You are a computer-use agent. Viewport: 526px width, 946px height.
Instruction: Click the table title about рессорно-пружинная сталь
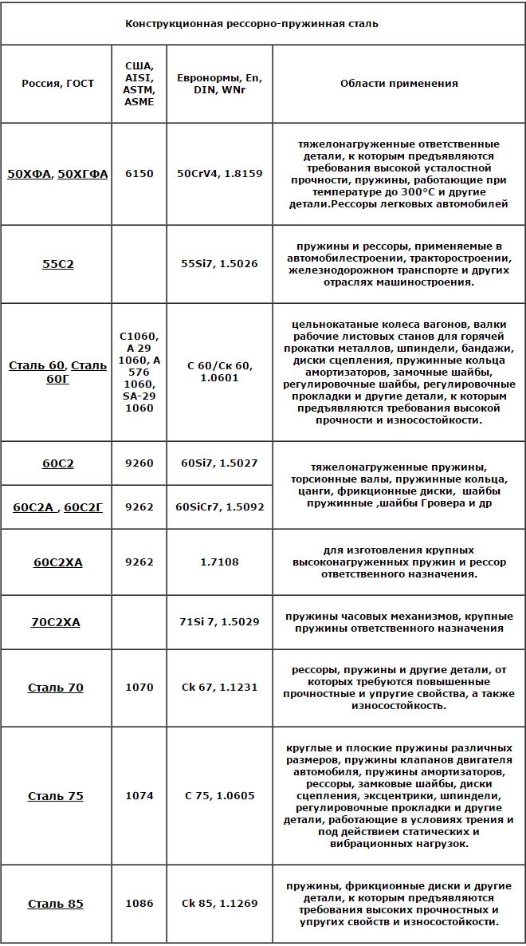[x=251, y=24]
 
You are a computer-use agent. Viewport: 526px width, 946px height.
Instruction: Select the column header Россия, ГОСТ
[x=57, y=84]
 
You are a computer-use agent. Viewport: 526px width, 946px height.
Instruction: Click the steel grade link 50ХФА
[x=29, y=174]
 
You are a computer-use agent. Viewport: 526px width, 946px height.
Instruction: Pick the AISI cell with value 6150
[x=139, y=174]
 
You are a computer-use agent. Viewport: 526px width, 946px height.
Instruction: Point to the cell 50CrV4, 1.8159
[x=219, y=174]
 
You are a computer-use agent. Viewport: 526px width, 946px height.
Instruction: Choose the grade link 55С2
[x=57, y=264]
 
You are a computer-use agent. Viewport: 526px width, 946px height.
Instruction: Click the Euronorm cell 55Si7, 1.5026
[x=219, y=264]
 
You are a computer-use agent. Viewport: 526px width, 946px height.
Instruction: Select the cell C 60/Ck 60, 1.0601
[x=219, y=372]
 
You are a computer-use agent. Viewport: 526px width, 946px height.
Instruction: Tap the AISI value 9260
[x=139, y=463]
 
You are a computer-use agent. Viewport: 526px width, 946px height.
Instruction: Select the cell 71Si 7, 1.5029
[x=219, y=622]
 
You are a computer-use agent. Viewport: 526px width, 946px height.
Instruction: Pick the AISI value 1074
[x=139, y=796]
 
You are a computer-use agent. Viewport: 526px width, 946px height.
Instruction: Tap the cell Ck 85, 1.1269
[x=219, y=904]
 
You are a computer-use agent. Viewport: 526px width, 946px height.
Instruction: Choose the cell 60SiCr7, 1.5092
[x=219, y=507]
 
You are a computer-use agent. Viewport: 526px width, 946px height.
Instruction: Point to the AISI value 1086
[x=139, y=904]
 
